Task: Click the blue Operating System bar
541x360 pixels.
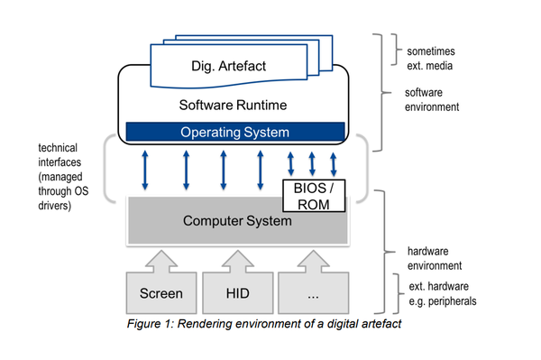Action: pyautogui.click(x=234, y=132)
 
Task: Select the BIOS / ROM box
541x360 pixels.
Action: pyautogui.click(x=315, y=195)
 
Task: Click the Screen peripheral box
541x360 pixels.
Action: pyautogui.click(x=160, y=292)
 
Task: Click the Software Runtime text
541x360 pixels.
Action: pyautogui.click(x=234, y=104)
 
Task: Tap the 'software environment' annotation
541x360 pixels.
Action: pyautogui.click(x=432, y=98)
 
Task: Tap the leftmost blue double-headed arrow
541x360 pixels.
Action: pyautogui.click(x=144, y=170)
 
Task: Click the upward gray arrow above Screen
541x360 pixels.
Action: pyautogui.click(x=160, y=260)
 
